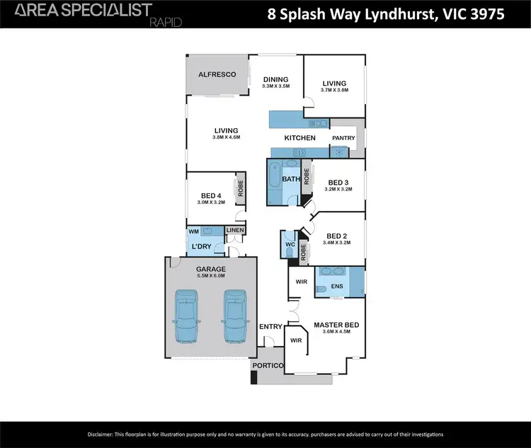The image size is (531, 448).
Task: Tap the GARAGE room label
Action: (210, 269)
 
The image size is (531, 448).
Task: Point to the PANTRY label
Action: (343, 138)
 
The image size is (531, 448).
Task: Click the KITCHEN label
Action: (299, 138)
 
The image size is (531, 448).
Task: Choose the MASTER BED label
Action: (336, 325)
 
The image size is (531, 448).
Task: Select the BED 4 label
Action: (212, 195)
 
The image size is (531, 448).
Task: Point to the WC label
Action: (289, 245)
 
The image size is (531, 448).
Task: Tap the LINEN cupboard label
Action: (235, 231)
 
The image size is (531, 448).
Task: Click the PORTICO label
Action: (270, 365)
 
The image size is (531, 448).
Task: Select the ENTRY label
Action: (271, 326)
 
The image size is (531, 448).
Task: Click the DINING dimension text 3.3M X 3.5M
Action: (276, 86)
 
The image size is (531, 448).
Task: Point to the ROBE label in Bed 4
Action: (241, 189)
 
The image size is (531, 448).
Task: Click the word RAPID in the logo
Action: (166, 23)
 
